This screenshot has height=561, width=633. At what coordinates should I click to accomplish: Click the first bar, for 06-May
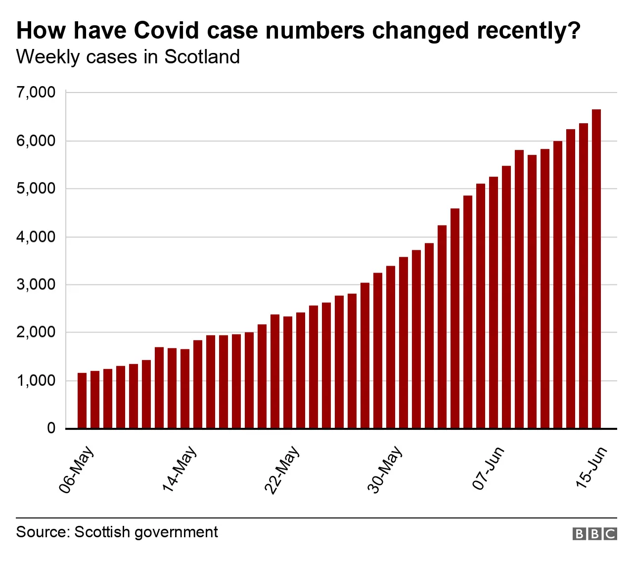tap(82, 400)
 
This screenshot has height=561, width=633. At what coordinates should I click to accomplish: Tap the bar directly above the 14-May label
tap(185, 388)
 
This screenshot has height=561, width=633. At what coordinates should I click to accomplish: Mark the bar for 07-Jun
tap(494, 302)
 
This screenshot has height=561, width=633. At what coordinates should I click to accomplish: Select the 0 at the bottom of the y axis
tap(51, 428)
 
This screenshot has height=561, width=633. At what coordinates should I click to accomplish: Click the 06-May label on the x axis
tap(77, 469)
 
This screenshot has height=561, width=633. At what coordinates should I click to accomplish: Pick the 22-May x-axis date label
tap(282, 469)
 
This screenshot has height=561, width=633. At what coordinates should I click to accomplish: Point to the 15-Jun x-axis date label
tap(591, 467)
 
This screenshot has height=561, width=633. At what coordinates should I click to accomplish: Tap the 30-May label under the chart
tap(385, 469)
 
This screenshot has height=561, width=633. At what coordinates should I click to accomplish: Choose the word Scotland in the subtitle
tap(202, 57)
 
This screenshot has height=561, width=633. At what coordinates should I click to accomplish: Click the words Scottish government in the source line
tap(146, 532)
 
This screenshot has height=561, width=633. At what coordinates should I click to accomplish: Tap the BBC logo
tap(595, 534)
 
